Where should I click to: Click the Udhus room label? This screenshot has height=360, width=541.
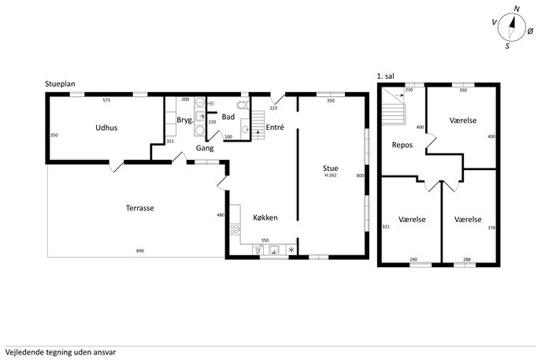point(106,128)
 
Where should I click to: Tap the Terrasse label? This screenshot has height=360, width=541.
point(139,208)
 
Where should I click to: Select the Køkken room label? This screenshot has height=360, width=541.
point(265,217)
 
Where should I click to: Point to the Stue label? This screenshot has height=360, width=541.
point(330,169)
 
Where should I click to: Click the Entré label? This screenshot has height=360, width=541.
point(275,128)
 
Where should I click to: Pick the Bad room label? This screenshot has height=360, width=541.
point(228,117)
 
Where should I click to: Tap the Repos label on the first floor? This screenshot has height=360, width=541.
point(402,145)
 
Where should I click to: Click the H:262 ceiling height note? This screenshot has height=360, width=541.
point(331,176)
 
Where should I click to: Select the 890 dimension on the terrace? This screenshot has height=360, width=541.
point(139,251)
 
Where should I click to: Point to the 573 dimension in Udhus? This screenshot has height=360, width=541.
point(106,101)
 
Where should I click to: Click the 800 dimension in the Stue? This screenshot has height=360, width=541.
point(360,176)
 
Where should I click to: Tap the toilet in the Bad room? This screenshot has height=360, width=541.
point(243,105)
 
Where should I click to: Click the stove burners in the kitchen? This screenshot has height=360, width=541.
point(235,229)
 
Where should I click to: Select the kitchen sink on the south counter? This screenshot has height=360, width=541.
point(274,250)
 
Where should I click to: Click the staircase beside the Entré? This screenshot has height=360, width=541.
point(258,125)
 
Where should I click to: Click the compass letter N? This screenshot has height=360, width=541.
point(517,9)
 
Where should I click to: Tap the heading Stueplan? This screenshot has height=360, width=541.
point(60,84)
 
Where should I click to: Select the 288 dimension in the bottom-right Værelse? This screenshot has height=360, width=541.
point(467,259)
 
